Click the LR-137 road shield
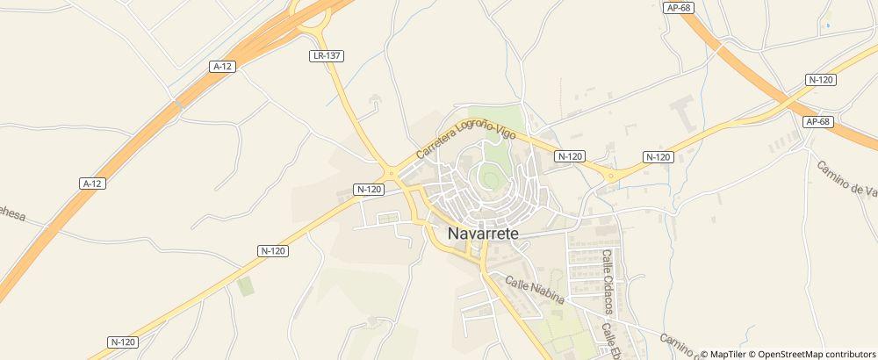click(x=327, y=55)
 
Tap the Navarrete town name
click(x=483, y=234)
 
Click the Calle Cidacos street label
click(x=607, y=281)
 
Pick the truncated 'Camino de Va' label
click(x=847, y=179)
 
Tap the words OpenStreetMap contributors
click(x=817, y=354)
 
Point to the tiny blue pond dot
click(x=827, y=25)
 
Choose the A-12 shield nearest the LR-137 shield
click(x=223, y=66)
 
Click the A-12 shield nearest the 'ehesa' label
click(x=92, y=184)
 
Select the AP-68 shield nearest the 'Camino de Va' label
click(x=817, y=121)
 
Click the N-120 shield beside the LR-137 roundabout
click(x=369, y=189)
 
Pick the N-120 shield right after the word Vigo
click(x=570, y=156)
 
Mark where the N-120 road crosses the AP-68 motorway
click(x=778, y=102)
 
